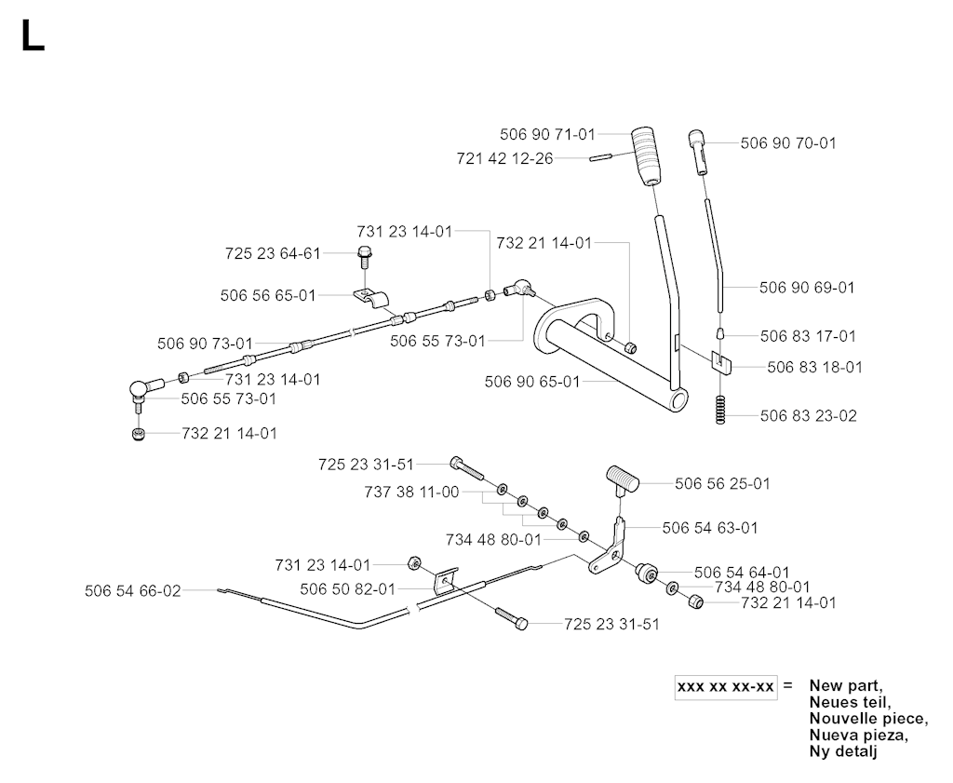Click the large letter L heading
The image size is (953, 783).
(x=33, y=36)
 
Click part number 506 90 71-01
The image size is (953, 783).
(x=547, y=134)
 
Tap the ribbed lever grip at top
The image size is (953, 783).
(x=649, y=155)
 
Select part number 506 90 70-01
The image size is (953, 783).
(x=788, y=142)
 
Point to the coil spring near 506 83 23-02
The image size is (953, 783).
(x=720, y=410)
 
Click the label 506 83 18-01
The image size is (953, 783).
(x=814, y=367)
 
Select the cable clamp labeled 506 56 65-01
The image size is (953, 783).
(x=371, y=298)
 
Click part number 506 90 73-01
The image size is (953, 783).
(x=205, y=344)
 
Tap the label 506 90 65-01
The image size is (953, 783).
(x=532, y=382)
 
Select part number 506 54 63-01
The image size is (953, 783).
(x=710, y=528)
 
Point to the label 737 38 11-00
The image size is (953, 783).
(x=412, y=492)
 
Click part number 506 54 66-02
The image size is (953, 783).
(x=133, y=591)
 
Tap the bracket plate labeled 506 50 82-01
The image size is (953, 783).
(x=446, y=581)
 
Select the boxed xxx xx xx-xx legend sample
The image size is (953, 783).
(x=726, y=687)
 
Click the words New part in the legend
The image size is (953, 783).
(x=845, y=686)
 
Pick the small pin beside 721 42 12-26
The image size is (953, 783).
(x=600, y=157)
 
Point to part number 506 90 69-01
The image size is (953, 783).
(x=807, y=288)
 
